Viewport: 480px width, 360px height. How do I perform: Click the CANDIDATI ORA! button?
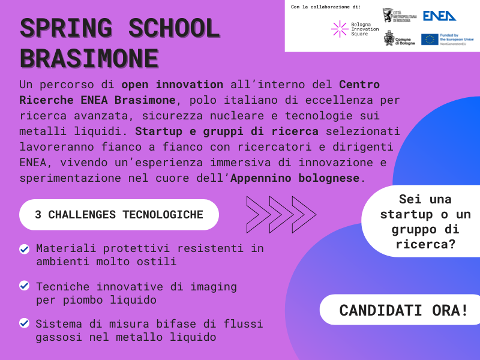(404, 310)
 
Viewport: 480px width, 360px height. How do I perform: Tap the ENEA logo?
(439, 16)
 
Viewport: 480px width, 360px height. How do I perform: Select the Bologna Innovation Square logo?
(355, 28)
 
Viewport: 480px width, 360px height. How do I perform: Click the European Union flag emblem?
(429, 40)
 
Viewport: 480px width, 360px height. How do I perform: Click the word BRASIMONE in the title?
(89, 58)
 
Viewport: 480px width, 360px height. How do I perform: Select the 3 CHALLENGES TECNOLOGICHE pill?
(119, 215)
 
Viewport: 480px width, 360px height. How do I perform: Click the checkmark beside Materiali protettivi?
(25, 248)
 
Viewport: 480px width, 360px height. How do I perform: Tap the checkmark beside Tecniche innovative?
(25, 286)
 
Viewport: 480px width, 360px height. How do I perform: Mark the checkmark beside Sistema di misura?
(25, 323)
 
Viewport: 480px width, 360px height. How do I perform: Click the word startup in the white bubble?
(407, 214)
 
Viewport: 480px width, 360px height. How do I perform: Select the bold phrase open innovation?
(172, 84)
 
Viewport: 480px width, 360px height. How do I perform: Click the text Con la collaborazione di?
(325, 7)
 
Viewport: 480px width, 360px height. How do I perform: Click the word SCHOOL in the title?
(175, 28)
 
